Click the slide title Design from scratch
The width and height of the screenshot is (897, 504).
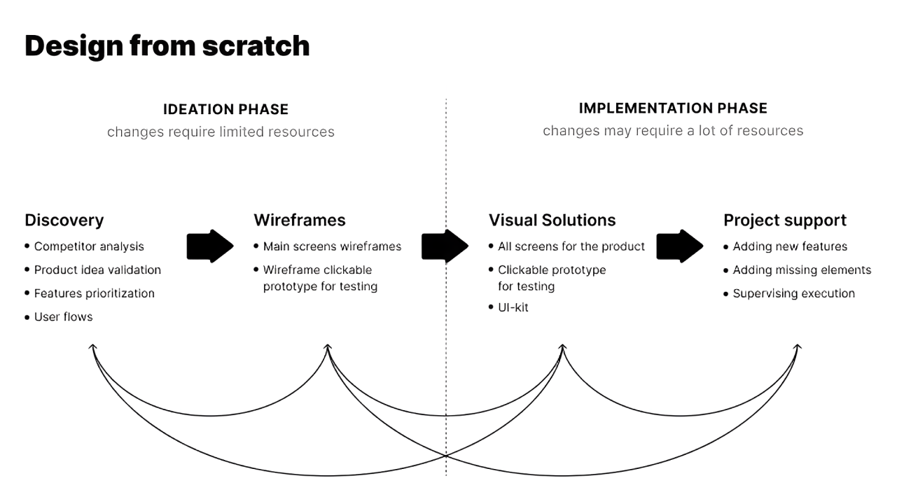point(167,46)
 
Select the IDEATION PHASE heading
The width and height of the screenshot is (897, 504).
point(225,109)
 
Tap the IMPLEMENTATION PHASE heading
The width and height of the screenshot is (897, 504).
point(672,108)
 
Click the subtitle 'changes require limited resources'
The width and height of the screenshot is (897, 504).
point(221,132)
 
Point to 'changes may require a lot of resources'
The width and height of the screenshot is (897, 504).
point(672,131)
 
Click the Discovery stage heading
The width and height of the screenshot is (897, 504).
point(64,220)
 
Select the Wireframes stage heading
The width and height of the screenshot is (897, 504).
point(299,220)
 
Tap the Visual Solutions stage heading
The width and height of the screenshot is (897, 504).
point(552,220)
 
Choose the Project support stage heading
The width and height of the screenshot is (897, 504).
point(784,220)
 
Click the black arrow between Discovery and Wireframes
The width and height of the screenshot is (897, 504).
point(210,246)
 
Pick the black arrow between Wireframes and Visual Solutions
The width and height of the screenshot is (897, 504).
point(445,246)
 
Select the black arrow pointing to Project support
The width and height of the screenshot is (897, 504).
point(679,246)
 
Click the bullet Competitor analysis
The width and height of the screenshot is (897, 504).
point(89,246)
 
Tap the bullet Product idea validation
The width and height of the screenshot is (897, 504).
point(97,269)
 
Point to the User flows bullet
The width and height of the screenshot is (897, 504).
point(63,316)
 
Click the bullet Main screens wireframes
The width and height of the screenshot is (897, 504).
point(332,246)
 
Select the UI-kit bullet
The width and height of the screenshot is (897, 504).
point(513,307)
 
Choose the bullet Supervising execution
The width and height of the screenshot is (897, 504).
point(793,293)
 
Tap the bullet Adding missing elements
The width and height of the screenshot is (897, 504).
point(802,269)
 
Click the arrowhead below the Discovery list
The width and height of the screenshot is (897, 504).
point(92,347)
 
